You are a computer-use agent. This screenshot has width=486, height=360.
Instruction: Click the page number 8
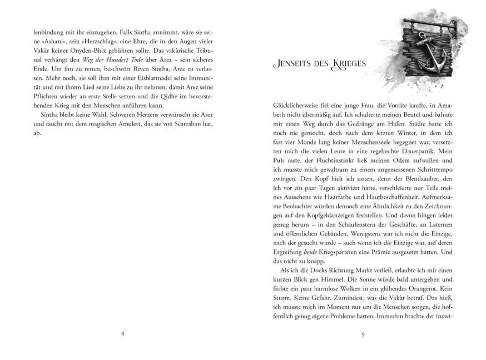click(x=122, y=333)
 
